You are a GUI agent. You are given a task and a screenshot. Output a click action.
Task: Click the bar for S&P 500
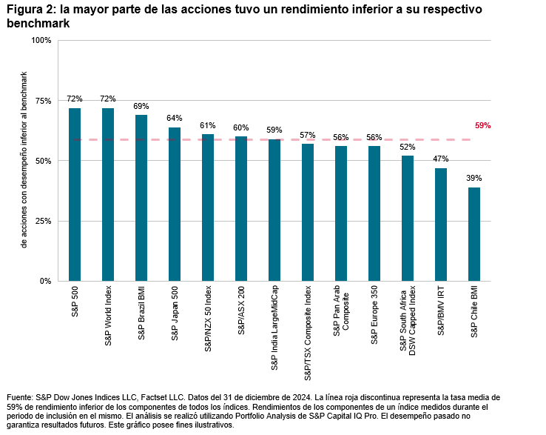[75, 194]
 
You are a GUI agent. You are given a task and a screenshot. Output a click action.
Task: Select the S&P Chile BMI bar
[474, 234]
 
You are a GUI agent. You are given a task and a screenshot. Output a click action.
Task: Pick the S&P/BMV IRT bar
[441, 225]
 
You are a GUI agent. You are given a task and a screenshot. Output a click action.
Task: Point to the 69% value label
[141, 106]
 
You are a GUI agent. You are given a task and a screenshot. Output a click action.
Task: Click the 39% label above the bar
[474, 179]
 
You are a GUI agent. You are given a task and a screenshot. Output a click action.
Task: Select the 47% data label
[441, 159]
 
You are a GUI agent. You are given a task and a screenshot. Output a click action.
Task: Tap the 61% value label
[208, 125]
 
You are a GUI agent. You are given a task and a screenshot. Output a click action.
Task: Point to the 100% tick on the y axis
[41, 40]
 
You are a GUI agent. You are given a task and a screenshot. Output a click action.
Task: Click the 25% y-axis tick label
[43, 221]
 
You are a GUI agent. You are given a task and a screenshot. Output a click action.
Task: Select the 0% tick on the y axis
[45, 282]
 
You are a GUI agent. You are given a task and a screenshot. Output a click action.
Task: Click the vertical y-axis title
[24, 160]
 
